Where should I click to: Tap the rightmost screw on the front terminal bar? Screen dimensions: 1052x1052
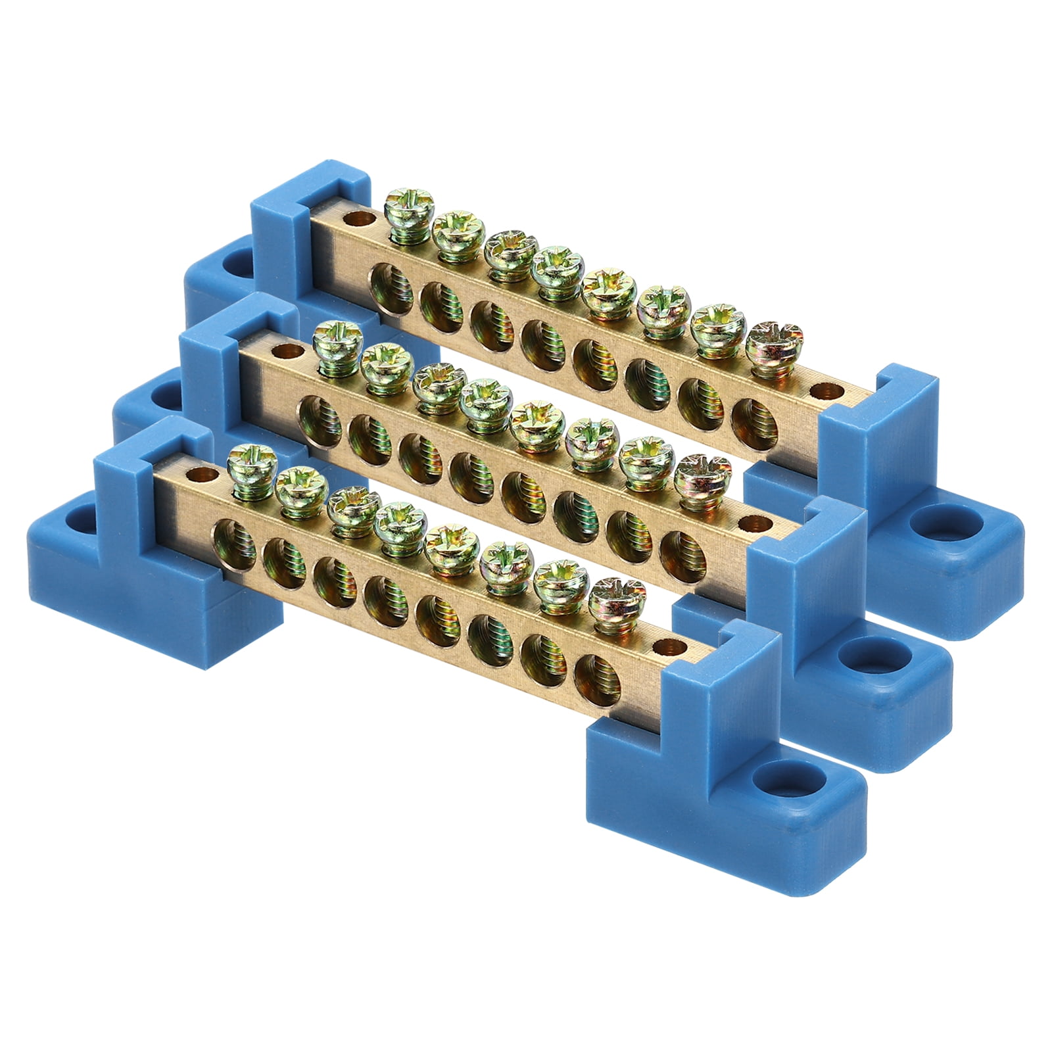tap(612, 592)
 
